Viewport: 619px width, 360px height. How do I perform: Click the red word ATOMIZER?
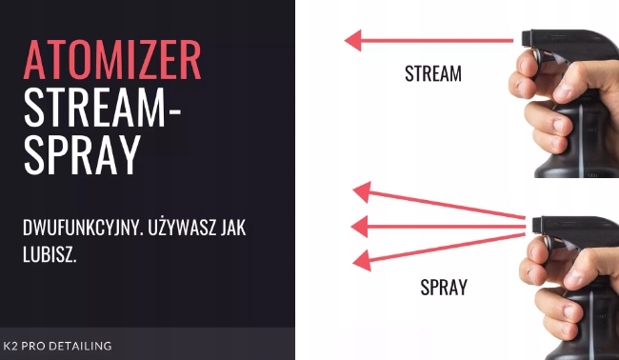click(x=112, y=60)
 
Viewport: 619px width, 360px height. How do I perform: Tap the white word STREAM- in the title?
click(x=102, y=107)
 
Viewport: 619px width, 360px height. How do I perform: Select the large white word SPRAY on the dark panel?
click(x=82, y=154)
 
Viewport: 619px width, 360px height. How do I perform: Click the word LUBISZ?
click(x=50, y=255)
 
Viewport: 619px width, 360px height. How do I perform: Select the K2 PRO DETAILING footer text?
click(x=57, y=346)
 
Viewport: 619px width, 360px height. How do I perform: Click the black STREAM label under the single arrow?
click(x=433, y=74)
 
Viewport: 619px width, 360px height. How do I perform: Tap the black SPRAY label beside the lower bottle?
click(x=444, y=287)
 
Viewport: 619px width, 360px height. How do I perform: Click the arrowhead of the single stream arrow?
click(x=346, y=40)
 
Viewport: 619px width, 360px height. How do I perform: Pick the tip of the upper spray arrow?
click(x=353, y=190)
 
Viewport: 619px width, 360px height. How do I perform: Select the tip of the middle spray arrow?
click(x=351, y=227)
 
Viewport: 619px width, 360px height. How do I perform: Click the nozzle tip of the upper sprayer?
click(x=524, y=38)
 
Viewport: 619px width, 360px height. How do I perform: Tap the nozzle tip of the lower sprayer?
click(x=534, y=225)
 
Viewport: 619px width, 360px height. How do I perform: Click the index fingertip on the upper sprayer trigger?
click(x=520, y=65)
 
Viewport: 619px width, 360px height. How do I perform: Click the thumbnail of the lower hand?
click(x=575, y=279)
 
